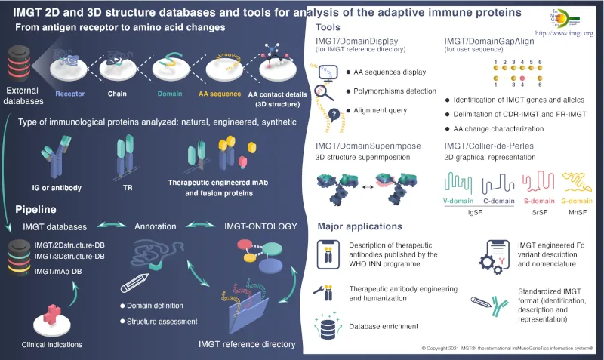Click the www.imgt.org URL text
563,34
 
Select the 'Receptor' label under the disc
72,95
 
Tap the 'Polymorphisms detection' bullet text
396,91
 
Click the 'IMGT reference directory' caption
247,344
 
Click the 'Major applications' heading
359,226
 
